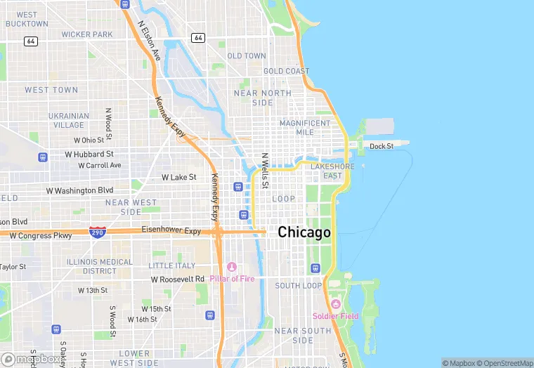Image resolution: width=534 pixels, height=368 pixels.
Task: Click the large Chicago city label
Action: pos(304,232)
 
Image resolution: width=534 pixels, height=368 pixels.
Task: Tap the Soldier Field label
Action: pos(335,316)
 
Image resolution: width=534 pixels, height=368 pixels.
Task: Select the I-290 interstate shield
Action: pos(98,231)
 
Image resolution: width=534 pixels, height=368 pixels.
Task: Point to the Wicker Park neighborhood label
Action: pos(87,34)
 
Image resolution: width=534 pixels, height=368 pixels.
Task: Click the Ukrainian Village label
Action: pos(69,120)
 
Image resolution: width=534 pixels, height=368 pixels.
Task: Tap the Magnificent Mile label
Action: pos(304,127)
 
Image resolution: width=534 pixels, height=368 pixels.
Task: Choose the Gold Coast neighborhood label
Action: pos(286,71)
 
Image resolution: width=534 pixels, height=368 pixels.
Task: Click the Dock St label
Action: pos(382,146)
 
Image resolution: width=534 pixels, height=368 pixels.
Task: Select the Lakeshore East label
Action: pos(332,171)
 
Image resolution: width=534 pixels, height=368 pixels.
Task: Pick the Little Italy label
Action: pos(172,265)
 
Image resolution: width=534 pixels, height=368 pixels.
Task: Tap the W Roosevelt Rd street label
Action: pos(178,279)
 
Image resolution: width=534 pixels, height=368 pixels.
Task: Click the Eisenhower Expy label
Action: pos(171,230)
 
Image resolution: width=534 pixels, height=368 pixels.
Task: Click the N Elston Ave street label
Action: pos(149,40)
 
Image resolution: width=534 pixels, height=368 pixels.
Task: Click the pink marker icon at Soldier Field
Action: pos(335,304)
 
